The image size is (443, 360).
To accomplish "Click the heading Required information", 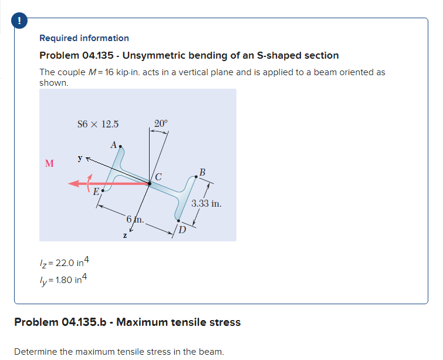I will [84, 38].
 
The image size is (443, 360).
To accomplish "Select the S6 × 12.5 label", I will [98, 124].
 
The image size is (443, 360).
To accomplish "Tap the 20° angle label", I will [160, 123].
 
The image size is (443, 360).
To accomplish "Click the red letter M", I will [49, 163].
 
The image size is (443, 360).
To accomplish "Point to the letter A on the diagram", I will [113, 144].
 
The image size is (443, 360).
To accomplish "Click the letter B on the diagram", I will [202, 172].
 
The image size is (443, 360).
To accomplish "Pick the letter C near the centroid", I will [159, 176].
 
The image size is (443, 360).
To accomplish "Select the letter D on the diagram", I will [182, 230].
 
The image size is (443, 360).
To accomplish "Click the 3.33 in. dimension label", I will [206, 204].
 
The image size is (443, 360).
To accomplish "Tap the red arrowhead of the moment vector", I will [73, 184].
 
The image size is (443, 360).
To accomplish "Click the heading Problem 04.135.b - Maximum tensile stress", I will [127, 322].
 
